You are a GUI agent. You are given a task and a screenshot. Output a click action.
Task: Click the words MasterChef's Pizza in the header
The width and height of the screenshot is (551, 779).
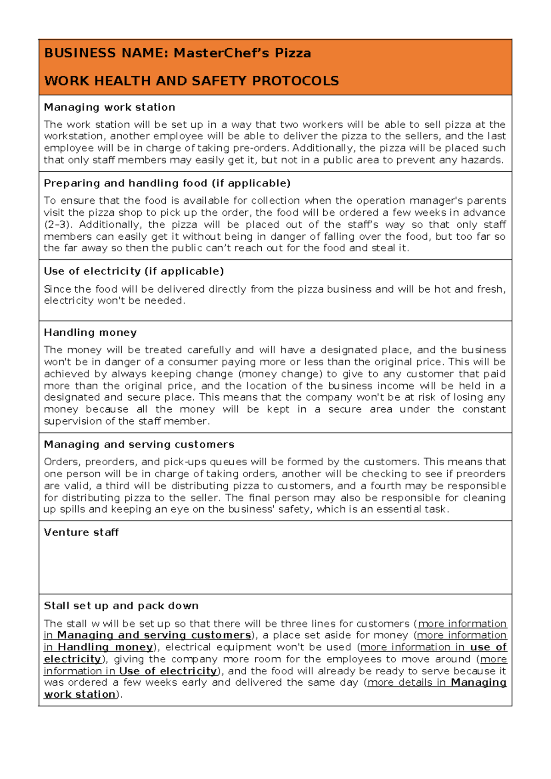point(242,53)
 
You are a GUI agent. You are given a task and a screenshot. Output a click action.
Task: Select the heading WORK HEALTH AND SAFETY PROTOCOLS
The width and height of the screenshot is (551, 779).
point(191,81)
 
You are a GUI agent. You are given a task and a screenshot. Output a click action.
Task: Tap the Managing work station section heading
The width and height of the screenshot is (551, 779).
point(109,107)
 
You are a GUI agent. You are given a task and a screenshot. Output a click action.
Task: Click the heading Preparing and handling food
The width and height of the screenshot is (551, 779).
point(167,183)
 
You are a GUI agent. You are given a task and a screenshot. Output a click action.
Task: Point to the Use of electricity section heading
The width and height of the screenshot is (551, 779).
point(134,271)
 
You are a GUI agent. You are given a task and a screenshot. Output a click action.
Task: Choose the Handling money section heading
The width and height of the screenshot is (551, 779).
point(90,333)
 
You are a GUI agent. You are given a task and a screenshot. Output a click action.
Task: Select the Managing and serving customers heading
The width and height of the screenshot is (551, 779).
point(139,445)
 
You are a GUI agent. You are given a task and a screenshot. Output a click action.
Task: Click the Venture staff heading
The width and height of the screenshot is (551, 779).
point(81,532)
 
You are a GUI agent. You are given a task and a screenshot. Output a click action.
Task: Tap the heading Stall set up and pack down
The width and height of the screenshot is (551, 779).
point(121,606)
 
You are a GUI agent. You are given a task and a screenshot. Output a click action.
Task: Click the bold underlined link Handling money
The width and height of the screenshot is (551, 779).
point(105,647)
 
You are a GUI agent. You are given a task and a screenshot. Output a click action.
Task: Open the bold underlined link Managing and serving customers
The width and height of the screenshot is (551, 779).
point(154,635)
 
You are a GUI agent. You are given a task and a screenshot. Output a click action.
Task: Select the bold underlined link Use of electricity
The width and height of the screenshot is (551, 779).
point(168,671)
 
